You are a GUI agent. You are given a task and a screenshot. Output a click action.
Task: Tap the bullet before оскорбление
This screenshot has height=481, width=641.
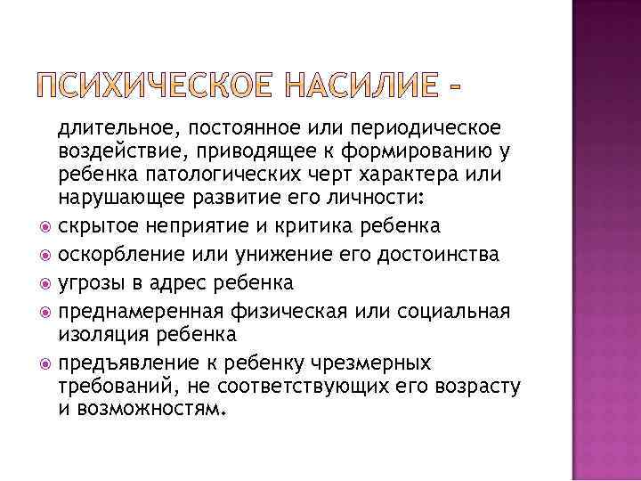[x=47, y=257]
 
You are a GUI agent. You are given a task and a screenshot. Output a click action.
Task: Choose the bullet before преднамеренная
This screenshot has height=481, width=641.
[x=47, y=313]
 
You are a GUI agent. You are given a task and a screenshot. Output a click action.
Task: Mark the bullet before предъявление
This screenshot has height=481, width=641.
[x=47, y=364]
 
